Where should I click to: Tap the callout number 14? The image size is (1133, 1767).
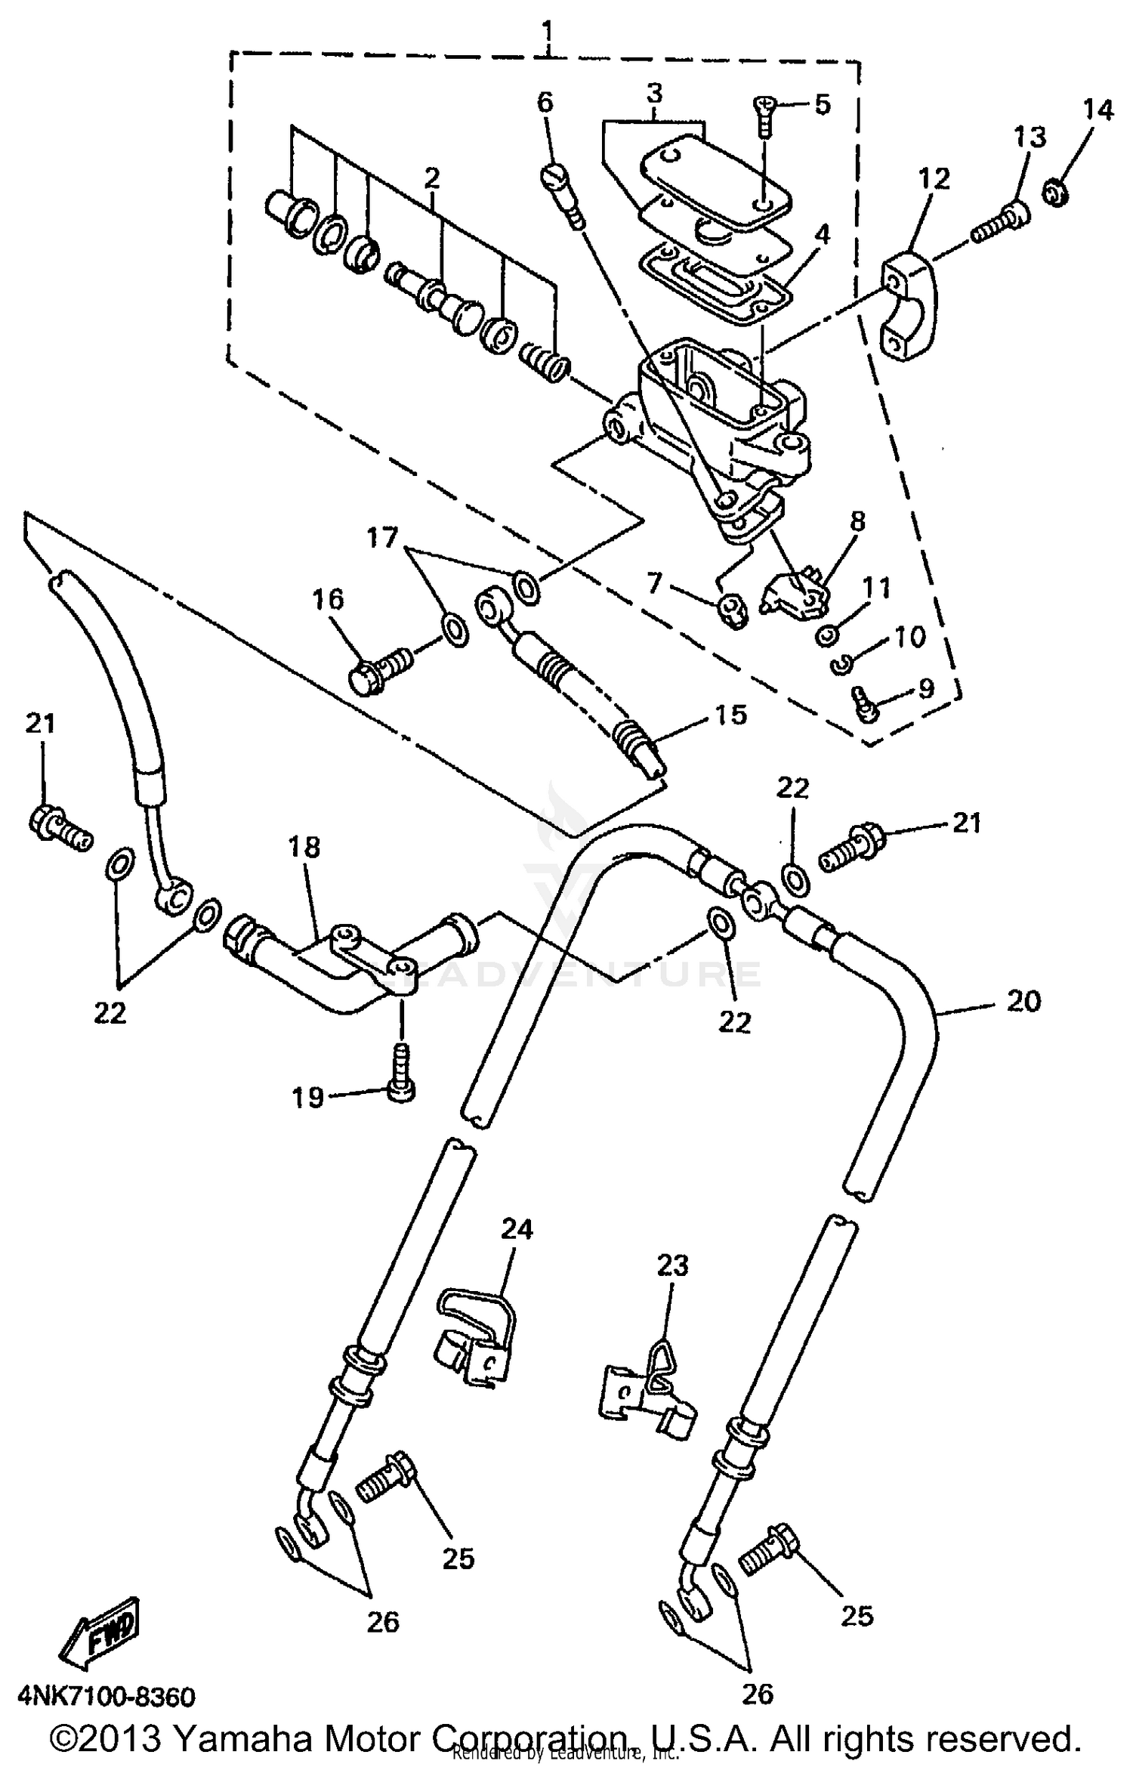pos(1097,110)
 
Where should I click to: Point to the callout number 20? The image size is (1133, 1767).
pos(1023,1002)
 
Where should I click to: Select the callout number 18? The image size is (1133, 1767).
pos(304,847)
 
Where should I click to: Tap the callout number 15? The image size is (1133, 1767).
pos(730,714)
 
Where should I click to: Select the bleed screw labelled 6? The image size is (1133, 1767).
pos(560,193)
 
